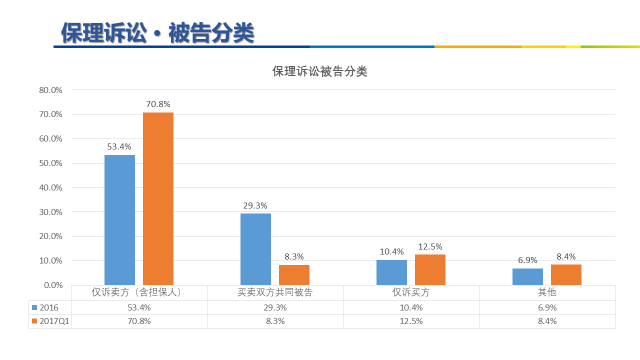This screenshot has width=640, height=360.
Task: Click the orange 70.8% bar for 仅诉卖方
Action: [158, 198]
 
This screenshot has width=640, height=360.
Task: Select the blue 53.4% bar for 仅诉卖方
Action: [119, 220]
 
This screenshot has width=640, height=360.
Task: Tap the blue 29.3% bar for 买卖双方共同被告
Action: [255, 249]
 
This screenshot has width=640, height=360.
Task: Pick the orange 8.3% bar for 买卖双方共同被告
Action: [294, 275]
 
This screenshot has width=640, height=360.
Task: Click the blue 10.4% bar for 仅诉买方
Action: [391, 272]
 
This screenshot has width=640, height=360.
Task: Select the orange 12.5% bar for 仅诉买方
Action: [430, 269]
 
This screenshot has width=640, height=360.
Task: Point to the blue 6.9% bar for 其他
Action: [527, 276]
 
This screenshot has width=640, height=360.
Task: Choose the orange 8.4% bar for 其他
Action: [566, 274]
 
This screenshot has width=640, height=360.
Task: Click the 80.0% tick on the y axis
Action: [50, 90]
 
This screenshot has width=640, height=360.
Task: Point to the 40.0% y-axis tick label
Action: [50, 187]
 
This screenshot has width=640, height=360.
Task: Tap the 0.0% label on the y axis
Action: [53, 285]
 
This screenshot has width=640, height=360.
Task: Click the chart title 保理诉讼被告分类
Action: [319, 71]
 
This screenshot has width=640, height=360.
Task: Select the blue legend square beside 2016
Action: [34, 307]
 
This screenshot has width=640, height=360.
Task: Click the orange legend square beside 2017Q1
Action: [34, 321]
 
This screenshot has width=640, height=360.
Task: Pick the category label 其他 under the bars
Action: [547, 292]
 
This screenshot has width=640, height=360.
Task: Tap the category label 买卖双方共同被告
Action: [275, 292]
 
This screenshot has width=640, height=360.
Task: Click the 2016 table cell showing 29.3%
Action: [275, 307]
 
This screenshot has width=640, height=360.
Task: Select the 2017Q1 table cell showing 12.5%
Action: [411, 321]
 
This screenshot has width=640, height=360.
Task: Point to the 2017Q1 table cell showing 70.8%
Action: [139, 321]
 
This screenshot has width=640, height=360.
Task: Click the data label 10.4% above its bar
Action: [391, 251]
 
